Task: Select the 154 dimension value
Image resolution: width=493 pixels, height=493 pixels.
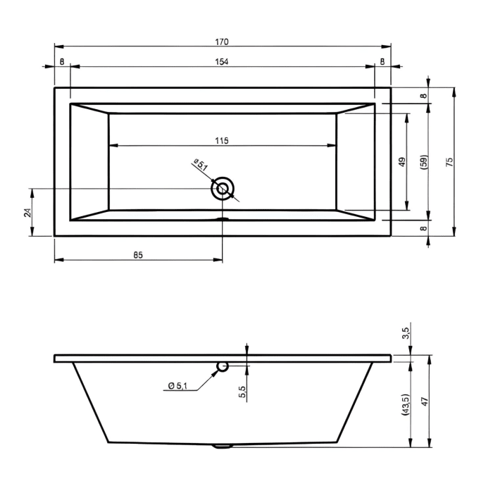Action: pos(223,62)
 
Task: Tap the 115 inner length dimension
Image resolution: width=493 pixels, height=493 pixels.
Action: pos(222,141)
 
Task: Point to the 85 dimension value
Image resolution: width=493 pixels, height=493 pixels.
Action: pos(138,255)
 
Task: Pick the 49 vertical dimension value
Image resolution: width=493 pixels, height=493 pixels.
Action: pos(401,161)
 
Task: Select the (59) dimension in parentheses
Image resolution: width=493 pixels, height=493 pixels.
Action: pos(424,161)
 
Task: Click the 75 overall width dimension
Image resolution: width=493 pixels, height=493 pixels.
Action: pos(449,161)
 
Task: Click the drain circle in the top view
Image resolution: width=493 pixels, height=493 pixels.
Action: pos(223,188)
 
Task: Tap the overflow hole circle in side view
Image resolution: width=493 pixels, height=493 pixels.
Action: pos(223,366)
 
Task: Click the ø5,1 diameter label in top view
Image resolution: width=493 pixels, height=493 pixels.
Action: pos(200,166)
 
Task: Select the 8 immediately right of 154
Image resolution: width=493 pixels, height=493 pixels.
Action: pos(382,62)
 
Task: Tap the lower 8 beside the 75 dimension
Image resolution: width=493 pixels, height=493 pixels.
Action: pos(424,228)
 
